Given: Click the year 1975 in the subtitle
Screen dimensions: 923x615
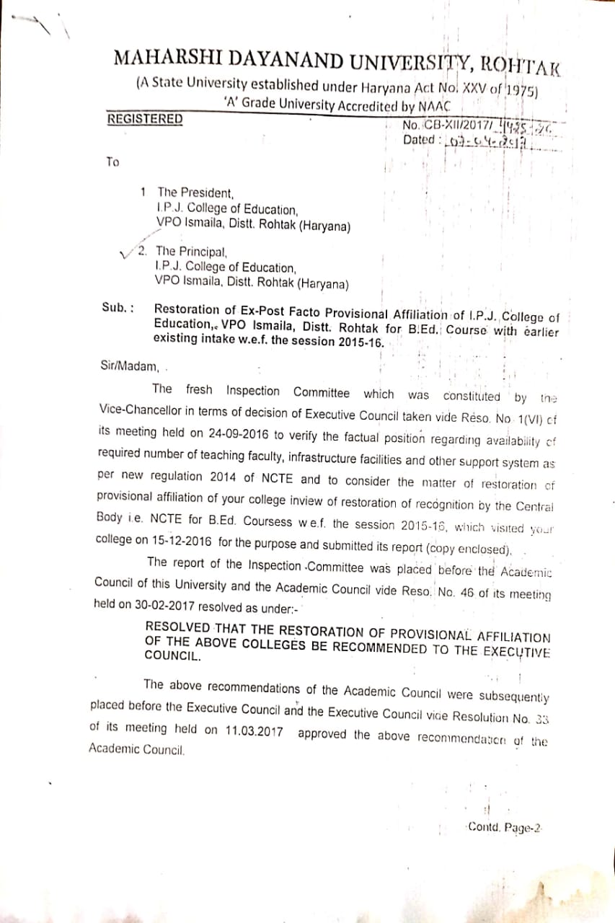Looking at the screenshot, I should coord(523,90).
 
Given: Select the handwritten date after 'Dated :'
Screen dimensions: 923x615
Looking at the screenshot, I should coord(488,141).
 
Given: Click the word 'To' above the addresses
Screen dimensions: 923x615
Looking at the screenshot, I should coord(112,162).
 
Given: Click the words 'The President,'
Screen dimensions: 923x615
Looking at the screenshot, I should coord(195,193).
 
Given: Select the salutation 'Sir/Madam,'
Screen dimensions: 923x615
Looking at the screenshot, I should coord(130,365).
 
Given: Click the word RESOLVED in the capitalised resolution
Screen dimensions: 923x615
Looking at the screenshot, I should coord(178,627).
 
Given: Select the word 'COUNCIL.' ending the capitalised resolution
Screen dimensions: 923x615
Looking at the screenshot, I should coord(172,657).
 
